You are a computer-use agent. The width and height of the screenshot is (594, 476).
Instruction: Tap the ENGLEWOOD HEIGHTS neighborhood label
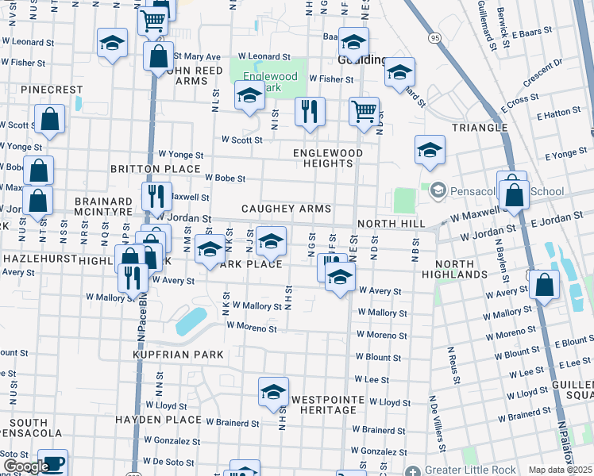[327, 158]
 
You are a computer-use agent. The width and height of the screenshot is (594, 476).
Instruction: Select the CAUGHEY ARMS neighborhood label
[287, 208]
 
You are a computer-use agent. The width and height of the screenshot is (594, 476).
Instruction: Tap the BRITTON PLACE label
[154, 169]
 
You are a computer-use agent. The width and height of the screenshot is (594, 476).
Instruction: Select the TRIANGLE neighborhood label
[480, 128]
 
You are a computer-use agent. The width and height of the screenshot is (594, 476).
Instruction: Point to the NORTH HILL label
[391, 224]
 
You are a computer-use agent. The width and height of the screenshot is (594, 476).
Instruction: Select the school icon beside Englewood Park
[249, 97]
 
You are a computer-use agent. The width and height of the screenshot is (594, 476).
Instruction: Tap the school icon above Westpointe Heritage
[273, 391]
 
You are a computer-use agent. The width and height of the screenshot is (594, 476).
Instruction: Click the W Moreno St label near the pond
[251, 327]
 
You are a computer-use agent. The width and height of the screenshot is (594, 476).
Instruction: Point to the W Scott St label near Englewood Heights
[241, 140]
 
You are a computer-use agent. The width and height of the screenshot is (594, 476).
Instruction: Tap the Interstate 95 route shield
[434, 37]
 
